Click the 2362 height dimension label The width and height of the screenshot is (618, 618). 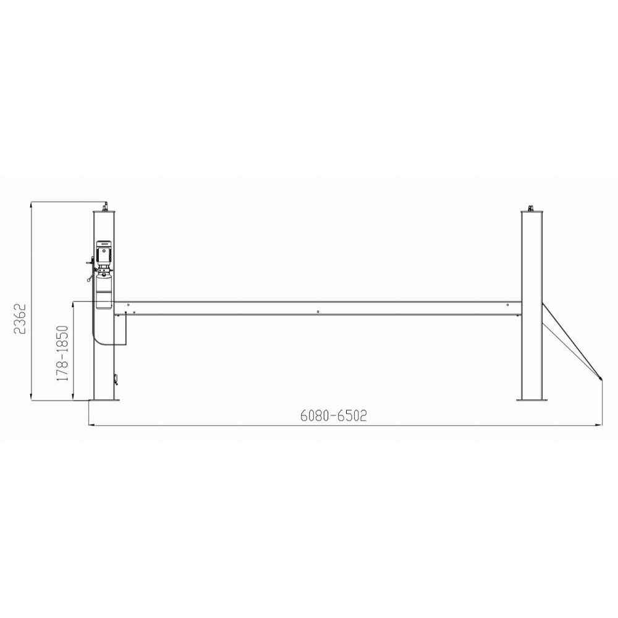20,319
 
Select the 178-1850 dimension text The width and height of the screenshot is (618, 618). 62,353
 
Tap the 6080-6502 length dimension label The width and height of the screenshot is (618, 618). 334,416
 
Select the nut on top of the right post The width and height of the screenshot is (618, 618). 531,208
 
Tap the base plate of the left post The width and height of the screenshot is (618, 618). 104,400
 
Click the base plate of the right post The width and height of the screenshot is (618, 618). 532,400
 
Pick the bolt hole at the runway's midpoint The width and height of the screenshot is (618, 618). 318,311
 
